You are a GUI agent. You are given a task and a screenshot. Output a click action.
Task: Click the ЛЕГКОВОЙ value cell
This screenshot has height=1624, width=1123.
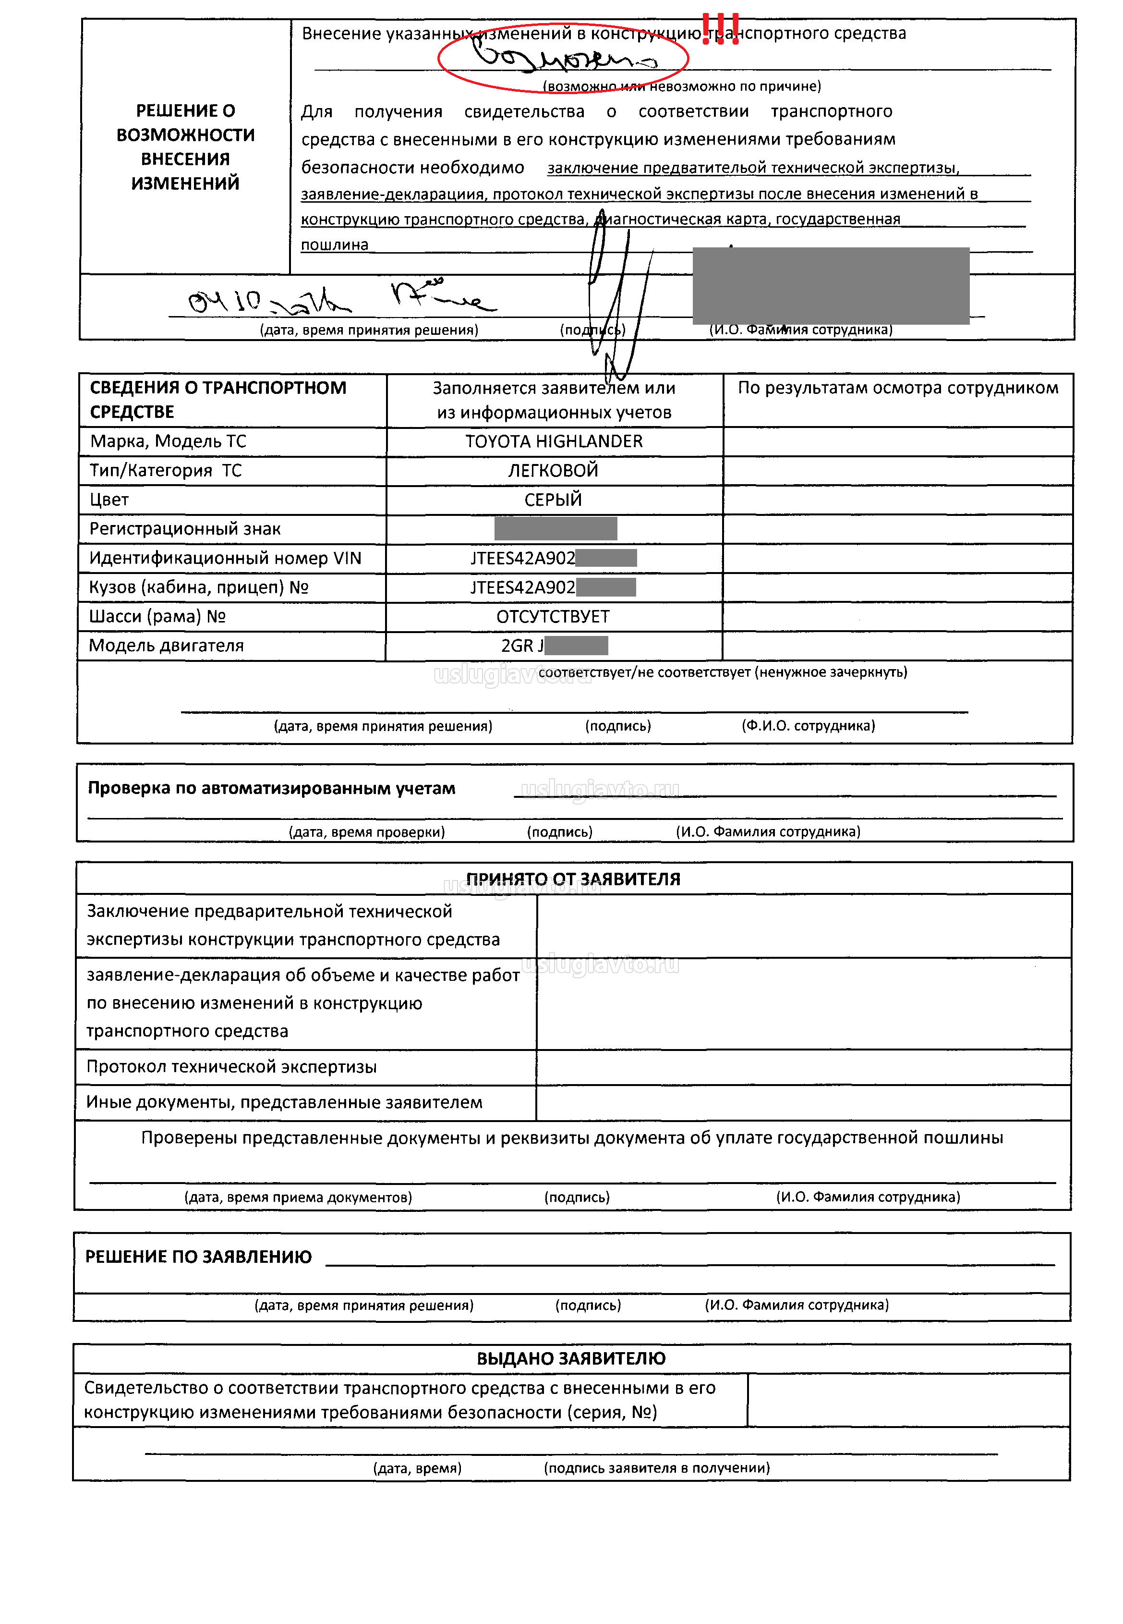[553, 470]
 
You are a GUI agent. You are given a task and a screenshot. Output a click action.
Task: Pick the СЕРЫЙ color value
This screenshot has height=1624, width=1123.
[553, 500]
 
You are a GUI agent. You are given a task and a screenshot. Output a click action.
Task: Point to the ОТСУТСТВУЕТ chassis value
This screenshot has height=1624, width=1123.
[553, 617]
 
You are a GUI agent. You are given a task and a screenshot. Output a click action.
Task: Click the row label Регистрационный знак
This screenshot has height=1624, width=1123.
[185, 529]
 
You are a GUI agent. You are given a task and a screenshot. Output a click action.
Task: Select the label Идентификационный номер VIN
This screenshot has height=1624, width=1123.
[225, 558]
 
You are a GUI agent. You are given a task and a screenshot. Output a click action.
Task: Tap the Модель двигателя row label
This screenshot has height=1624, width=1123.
[166, 646]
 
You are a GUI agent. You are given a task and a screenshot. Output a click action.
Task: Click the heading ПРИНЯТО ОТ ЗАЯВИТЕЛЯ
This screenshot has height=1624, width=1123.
[573, 879]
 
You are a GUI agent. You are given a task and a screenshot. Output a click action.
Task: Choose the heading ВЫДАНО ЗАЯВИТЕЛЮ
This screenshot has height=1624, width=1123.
[571, 1358]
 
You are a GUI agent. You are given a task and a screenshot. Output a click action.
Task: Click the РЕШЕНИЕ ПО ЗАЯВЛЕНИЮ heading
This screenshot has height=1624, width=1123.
[198, 1257]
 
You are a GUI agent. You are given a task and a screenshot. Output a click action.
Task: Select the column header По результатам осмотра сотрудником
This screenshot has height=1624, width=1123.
[898, 388]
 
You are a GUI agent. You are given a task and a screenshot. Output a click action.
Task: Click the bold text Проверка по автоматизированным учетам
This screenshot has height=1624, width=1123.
[272, 788]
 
